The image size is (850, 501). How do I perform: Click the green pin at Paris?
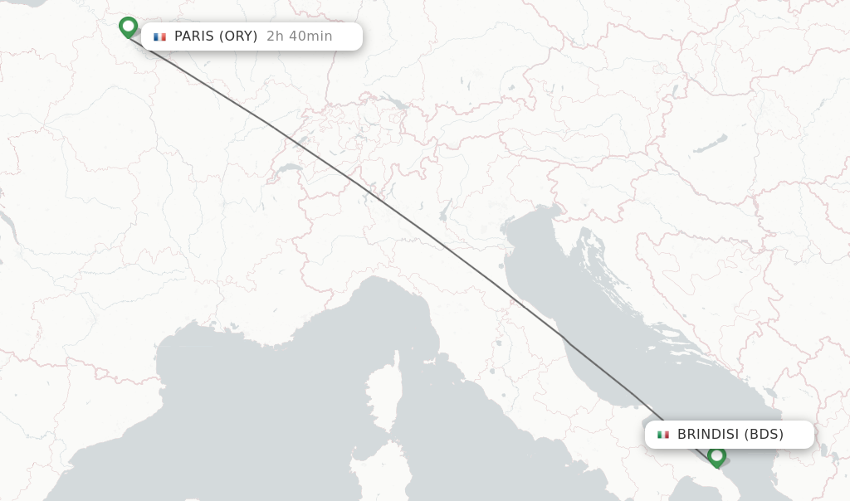pos(128,27)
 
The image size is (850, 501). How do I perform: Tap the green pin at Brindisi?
pos(716,455)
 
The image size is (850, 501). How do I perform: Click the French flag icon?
pos(159,36)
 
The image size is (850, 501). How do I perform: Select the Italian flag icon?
pos(663,435)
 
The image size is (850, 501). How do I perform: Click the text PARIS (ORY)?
pos(216,36)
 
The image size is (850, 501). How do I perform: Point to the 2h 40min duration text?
pos(299,36)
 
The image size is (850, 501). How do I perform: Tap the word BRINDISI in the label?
pos(707,435)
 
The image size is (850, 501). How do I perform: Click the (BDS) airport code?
pos(764,435)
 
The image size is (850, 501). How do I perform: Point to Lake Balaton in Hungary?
pos(711,144)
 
